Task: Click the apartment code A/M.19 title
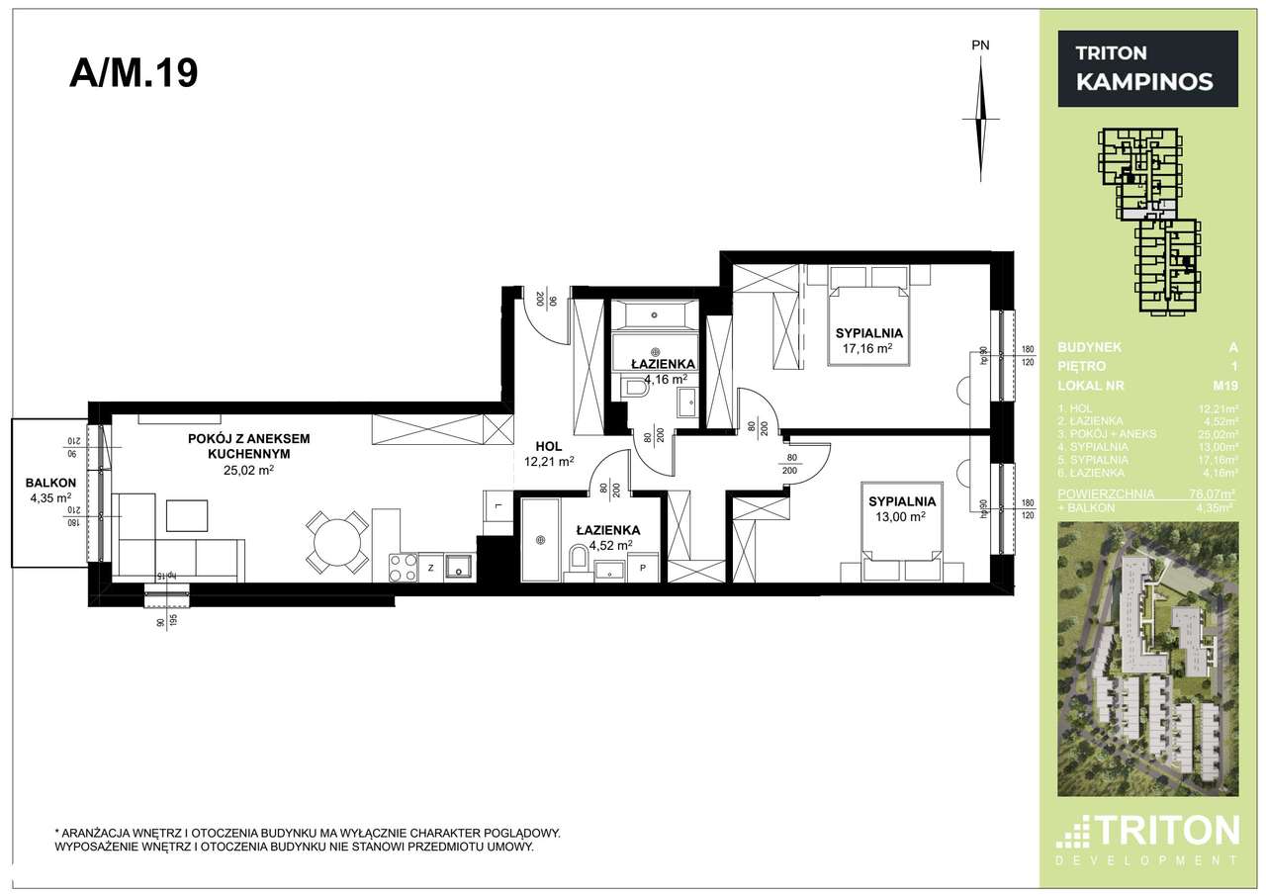pos(134,74)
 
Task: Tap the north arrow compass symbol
pos(979,119)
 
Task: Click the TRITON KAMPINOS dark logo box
pos(1147,68)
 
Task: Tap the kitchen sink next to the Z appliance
pos(459,566)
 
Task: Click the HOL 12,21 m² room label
pos(549,453)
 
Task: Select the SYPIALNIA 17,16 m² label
pos(869,340)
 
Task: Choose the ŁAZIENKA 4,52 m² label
pos(607,536)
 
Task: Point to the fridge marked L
pos(497,506)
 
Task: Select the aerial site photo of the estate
pos(1146,658)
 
